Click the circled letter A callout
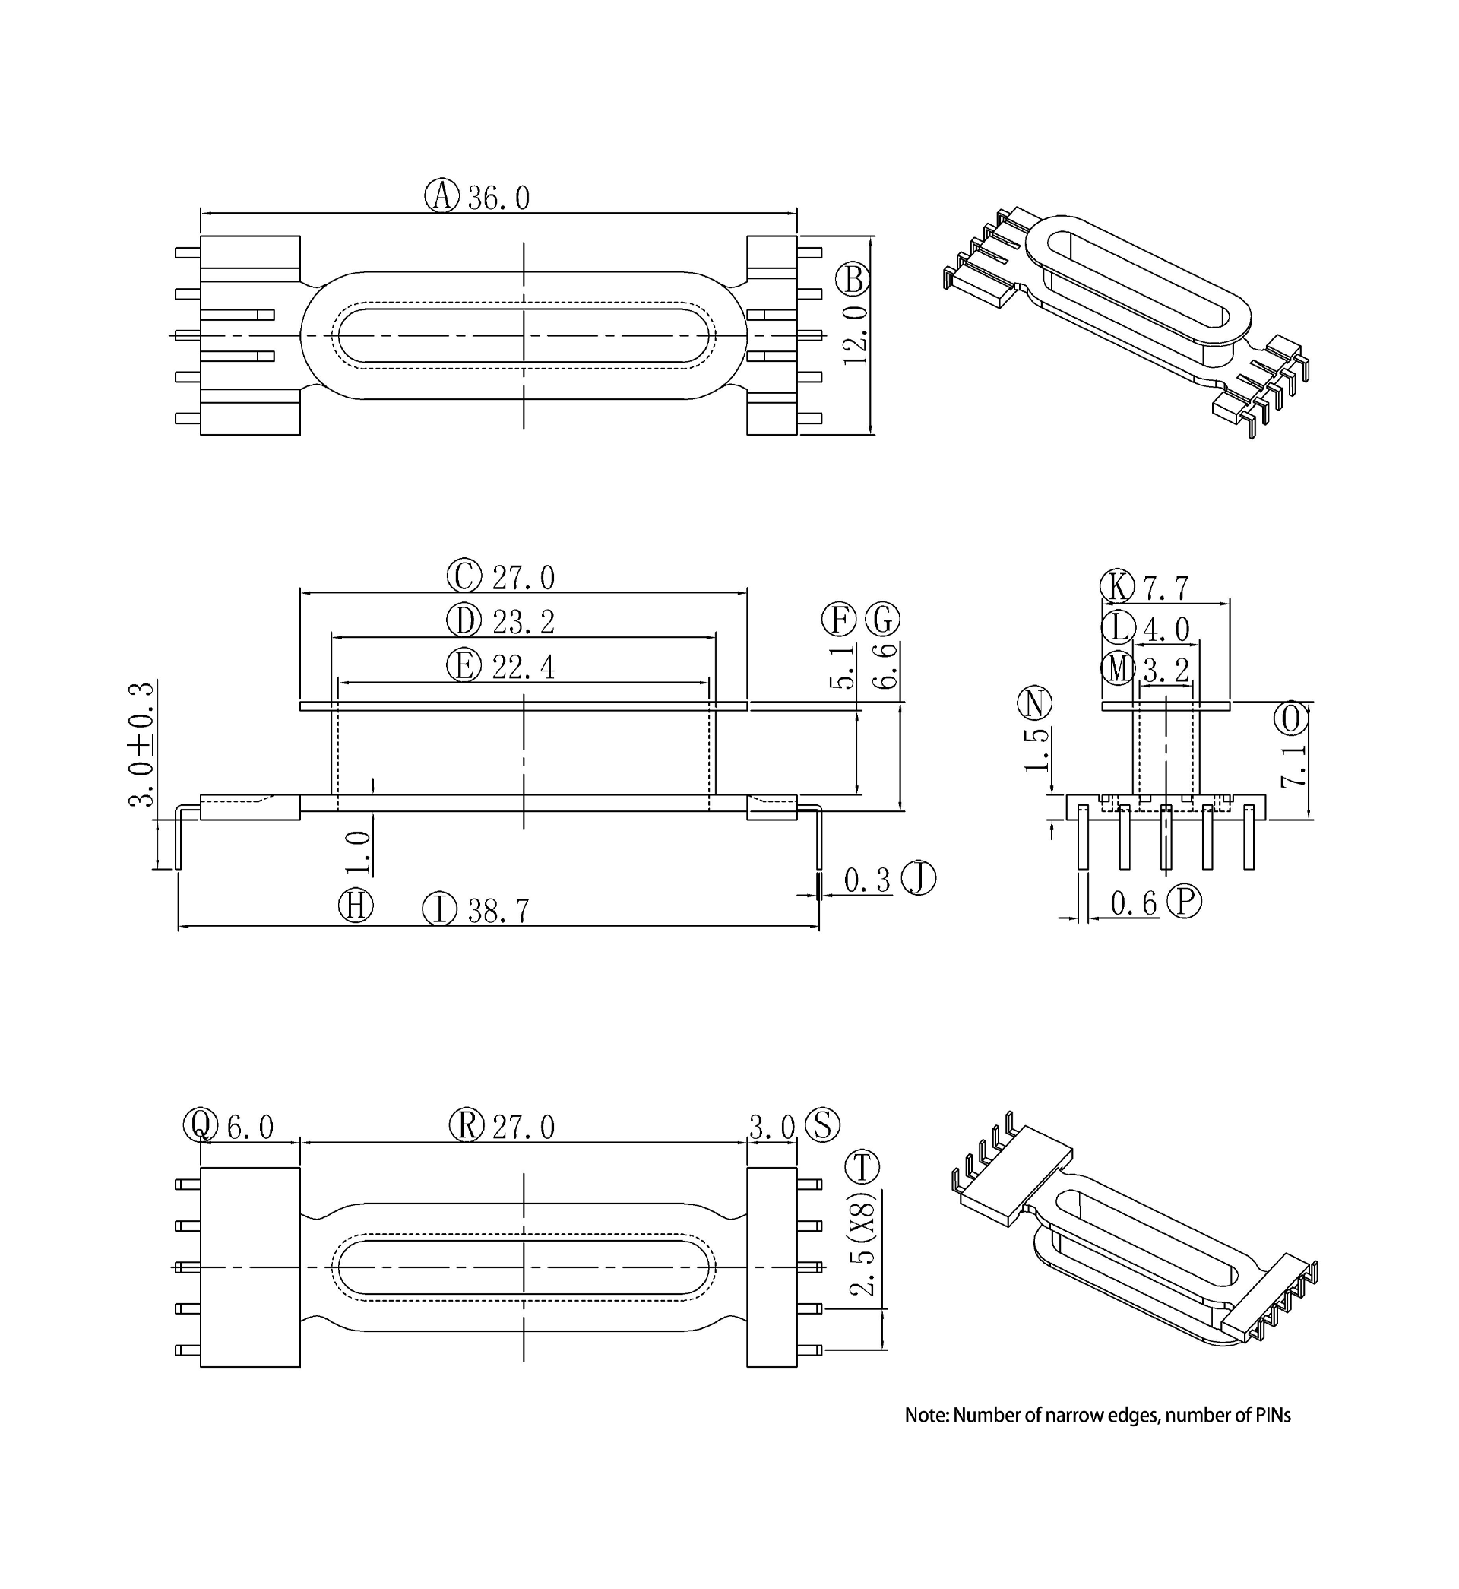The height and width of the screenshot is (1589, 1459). [441, 195]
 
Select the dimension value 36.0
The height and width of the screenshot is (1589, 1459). [498, 198]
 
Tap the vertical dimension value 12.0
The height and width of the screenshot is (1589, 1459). [856, 335]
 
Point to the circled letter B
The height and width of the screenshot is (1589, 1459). [853, 280]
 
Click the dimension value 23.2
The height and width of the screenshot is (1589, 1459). [524, 623]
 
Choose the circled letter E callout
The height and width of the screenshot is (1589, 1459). [464, 666]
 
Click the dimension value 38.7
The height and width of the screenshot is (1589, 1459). [498, 912]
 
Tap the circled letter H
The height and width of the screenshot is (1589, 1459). [356, 905]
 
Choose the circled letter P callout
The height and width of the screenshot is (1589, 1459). [1184, 901]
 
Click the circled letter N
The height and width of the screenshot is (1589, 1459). [1035, 703]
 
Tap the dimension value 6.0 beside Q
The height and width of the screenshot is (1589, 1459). [250, 1127]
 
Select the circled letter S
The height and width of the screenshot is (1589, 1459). [823, 1124]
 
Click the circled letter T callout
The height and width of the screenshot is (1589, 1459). [862, 1167]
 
